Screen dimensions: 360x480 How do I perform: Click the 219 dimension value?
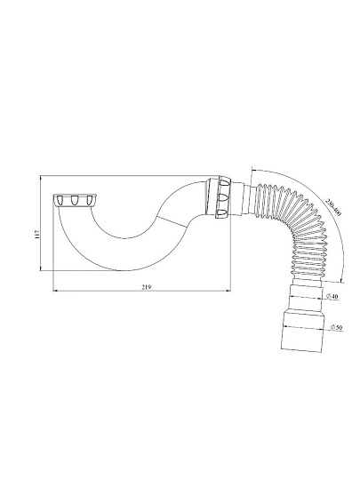pos(147,287)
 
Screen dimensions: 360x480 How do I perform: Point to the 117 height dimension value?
pos(37,234)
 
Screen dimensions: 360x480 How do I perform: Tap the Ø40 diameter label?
pos(332,296)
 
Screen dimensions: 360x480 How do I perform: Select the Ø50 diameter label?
pos(336,327)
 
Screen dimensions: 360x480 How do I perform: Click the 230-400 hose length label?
pos(332,207)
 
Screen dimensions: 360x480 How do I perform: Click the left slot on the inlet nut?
pos(59,200)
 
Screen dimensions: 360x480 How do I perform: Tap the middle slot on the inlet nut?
pos(74,200)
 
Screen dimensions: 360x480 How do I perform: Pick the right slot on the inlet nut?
pos(90,200)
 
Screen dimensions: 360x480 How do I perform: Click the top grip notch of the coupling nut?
pos(224,186)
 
